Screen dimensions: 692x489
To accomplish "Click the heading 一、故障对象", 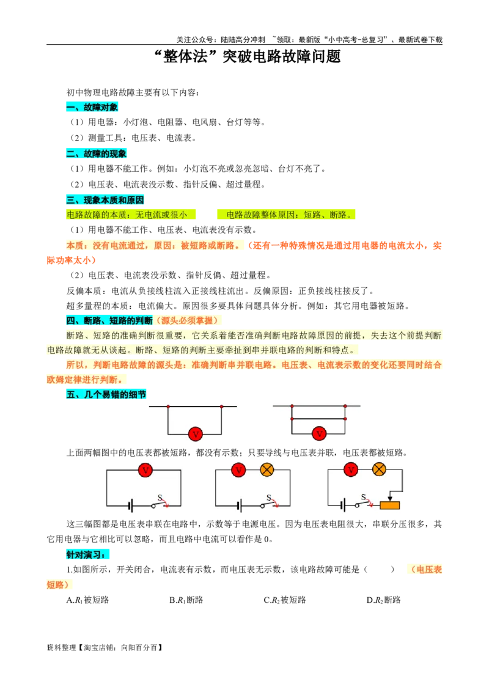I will click(92, 107).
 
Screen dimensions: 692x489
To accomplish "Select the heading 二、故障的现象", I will click(96, 154).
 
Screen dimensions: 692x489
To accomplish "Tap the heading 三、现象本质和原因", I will click(105, 200).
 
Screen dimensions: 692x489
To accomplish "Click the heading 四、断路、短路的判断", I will click(109, 320).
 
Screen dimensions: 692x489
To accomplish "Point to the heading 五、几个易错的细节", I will click(105, 395).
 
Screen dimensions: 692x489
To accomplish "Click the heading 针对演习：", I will click(88, 555).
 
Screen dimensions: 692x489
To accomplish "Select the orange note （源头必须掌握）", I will click(188, 320).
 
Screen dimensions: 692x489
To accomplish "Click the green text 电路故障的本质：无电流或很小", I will click(127, 215).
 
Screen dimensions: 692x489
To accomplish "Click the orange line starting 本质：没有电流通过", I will click(153, 245).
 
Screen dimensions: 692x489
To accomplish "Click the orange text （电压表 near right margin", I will click(425, 570).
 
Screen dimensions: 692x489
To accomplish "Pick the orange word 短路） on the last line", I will click(59, 585).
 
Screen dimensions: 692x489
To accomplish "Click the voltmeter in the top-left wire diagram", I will click(196, 434).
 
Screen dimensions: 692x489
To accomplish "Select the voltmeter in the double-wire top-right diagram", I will click(319, 434).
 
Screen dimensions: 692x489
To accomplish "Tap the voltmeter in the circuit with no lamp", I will click(145, 470).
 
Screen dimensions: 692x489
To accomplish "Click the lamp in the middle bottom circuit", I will click(267, 470).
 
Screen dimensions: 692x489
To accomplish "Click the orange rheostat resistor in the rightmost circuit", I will click(389, 506).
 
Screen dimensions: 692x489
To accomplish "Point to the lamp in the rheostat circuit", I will click(379, 469).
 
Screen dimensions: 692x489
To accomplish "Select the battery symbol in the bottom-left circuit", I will click(130, 506).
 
